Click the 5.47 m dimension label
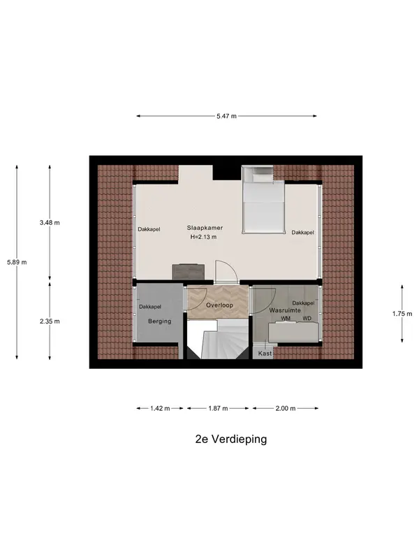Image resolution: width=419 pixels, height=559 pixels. pos(226,116)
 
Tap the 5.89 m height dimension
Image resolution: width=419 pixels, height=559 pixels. pos(17,263)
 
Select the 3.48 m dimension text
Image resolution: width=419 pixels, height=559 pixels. pos(50,223)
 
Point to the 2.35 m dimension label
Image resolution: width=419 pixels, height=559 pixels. pos(50,321)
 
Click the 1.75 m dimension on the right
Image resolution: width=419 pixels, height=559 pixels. pos(402,314)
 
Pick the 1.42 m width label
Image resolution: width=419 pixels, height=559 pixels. pos(160,409)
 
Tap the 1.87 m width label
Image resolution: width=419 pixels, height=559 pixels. pos(218,409)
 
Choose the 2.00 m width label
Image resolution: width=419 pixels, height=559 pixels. pos(286,409)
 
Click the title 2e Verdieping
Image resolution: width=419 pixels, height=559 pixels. pos(231,439)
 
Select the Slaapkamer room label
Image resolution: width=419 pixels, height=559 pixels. pos(205,228)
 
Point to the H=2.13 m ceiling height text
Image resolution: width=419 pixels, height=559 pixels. pos(203,237)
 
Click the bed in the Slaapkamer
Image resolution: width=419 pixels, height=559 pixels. pos(264,200)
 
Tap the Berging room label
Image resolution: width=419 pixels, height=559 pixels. pos(160,321)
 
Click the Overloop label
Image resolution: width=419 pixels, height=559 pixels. pos(219,305)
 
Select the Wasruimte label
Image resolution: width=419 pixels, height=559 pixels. pos(285,310)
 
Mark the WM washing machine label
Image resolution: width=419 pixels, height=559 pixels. pos(286,319)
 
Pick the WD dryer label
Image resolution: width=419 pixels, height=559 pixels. pos(307,319)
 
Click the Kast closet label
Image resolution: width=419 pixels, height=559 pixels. pos(265,354)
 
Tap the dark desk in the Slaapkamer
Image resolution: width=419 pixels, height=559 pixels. pos(189,271)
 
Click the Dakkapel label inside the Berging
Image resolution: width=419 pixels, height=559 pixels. pos(150,307)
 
